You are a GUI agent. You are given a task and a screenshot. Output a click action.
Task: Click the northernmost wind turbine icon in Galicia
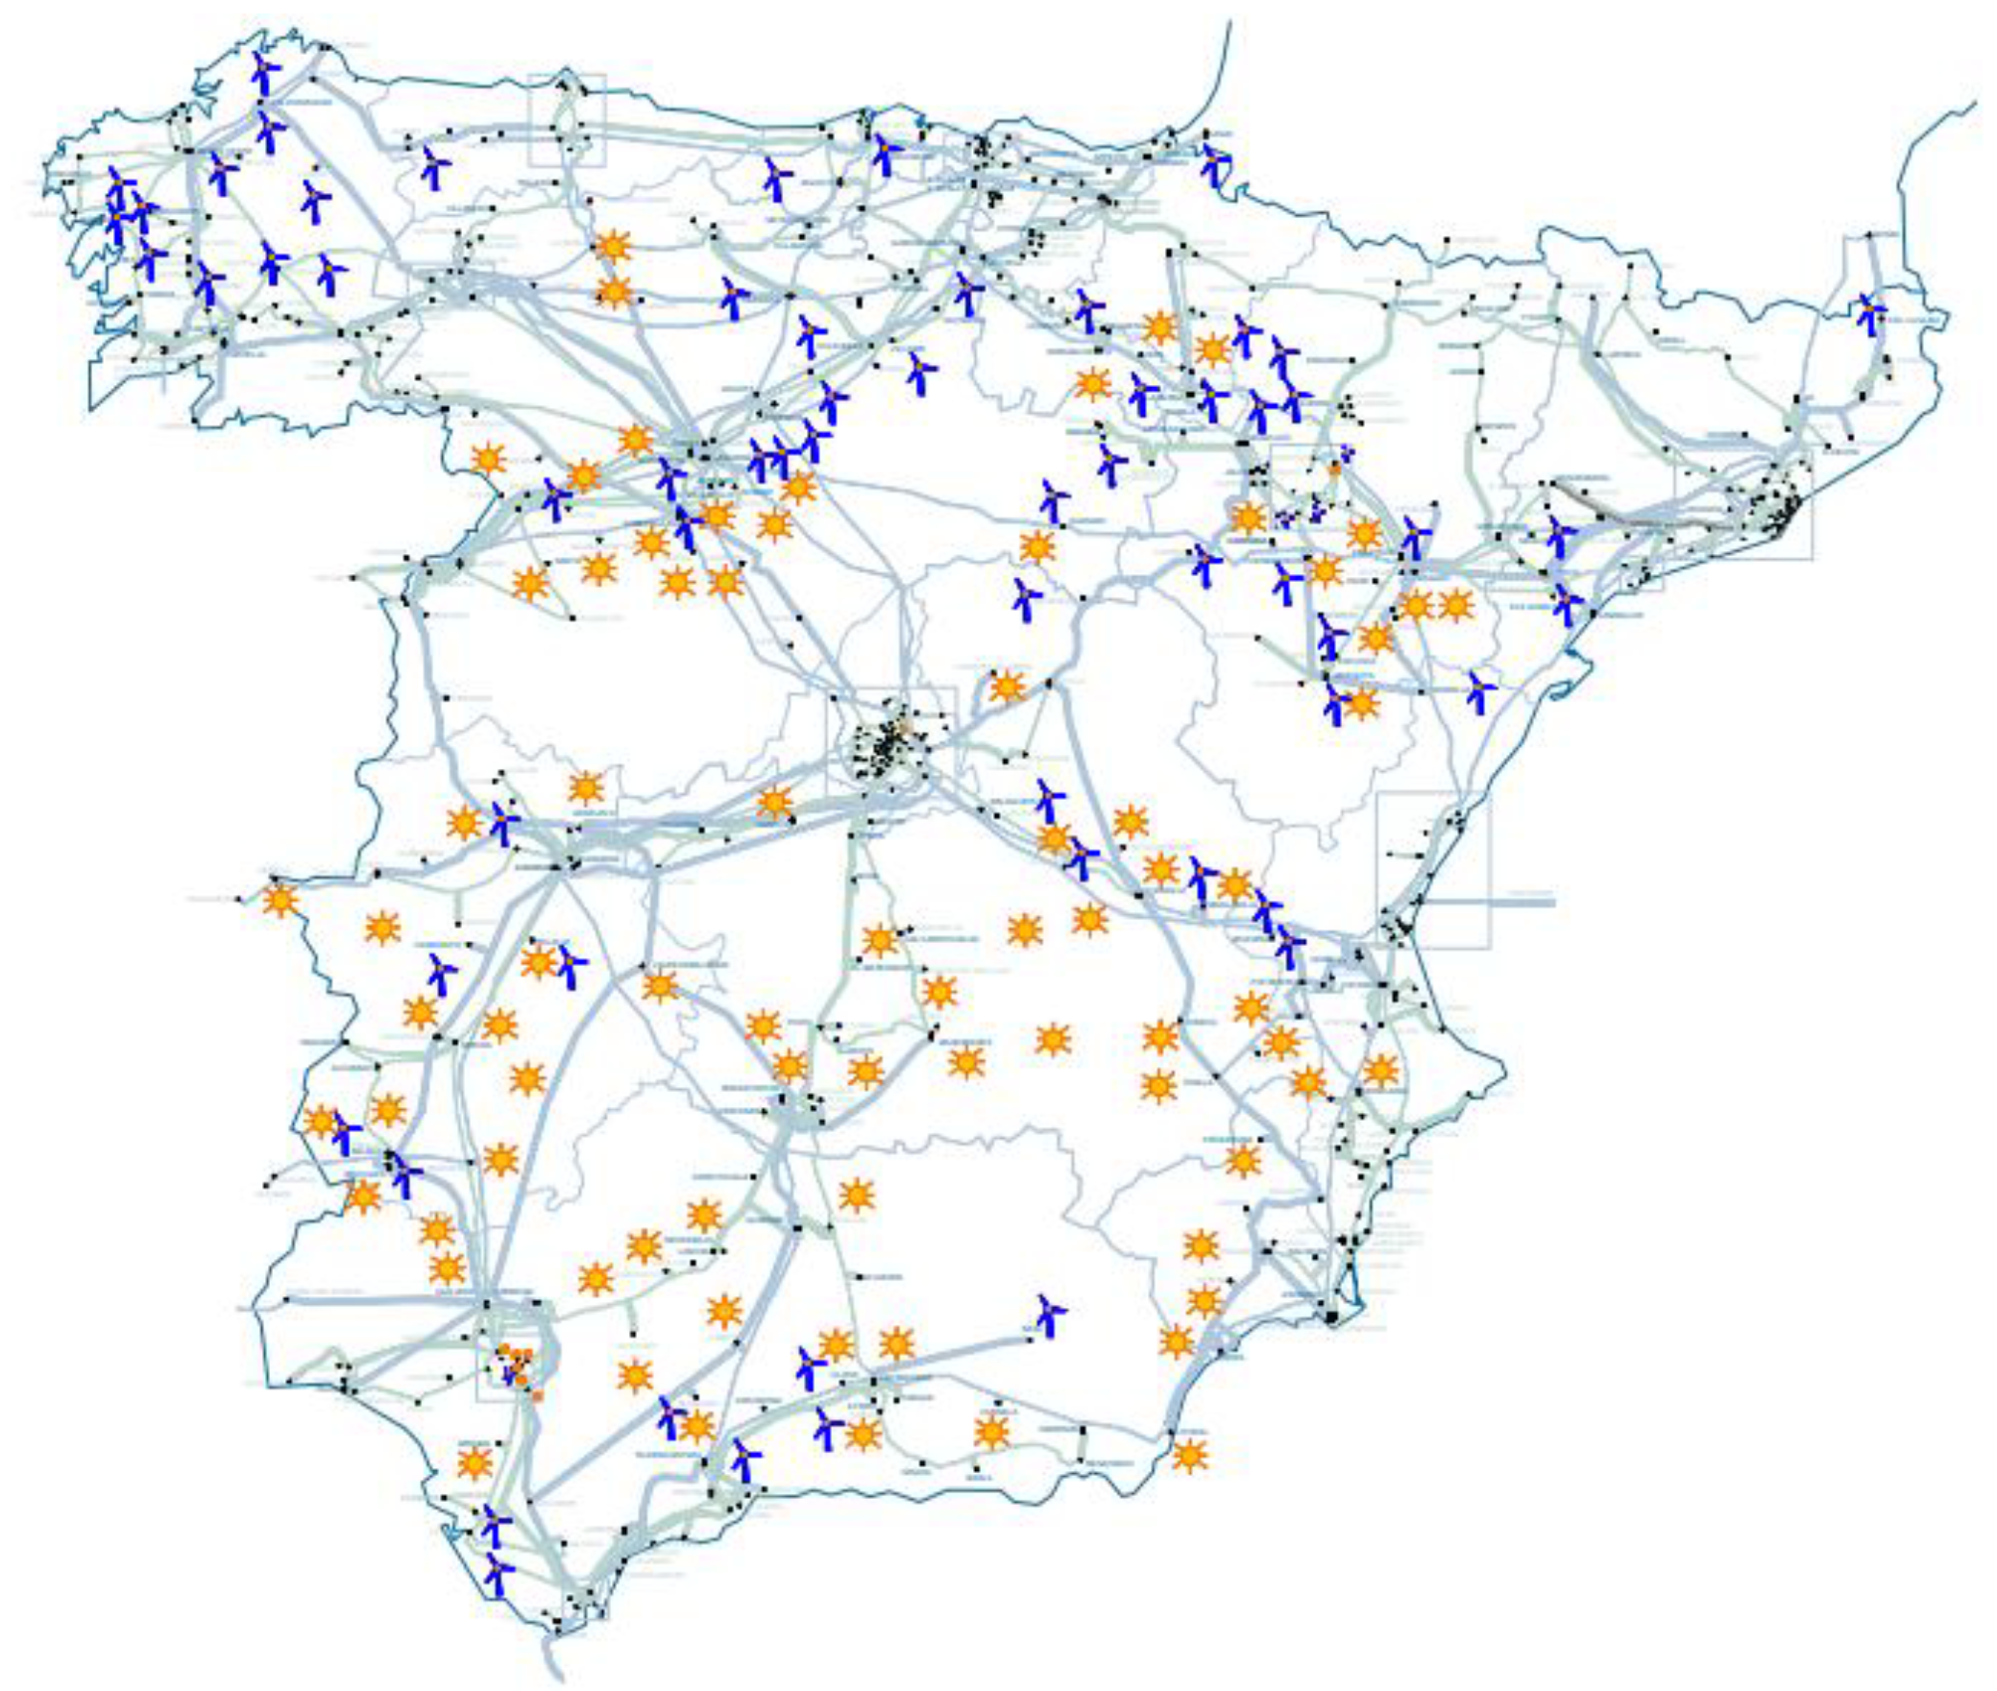(264, 73)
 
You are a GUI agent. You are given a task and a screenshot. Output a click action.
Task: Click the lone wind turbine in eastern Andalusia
(1050, 1315)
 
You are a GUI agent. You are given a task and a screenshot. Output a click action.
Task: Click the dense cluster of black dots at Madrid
(889, 744)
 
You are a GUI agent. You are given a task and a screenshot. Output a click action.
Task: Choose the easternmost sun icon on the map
(1456, 605)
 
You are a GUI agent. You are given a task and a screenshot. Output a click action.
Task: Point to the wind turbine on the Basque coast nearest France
(1215, 162)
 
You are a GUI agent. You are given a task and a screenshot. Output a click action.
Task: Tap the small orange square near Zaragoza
(1334, 470)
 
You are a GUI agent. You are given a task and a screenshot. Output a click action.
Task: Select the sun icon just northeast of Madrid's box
(1007, 687)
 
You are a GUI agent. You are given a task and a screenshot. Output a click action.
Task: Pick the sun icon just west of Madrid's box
(774, 802)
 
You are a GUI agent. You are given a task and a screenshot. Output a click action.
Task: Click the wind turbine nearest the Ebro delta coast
(1480, 691)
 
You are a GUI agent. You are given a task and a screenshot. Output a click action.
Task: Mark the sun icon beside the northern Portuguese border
(488, 459)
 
